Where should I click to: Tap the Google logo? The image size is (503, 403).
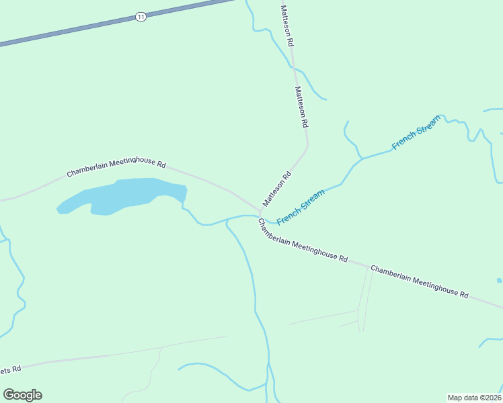pyautogui.click(x=22, y=395)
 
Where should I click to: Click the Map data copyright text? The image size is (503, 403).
pyautogui.click(x=474, y=397)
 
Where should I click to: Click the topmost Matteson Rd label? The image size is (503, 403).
pyautogui.click(x=287, y=25)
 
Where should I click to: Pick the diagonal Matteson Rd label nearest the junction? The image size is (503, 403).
pyautogui.click(x=276, y=189)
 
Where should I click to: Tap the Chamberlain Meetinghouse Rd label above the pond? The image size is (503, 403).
pyautogui.click(x=116, y=168)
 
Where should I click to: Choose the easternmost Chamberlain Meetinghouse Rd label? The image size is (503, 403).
pyautogui.click(x=419, y=281)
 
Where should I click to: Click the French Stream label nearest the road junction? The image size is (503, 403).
pyautogui.click(x=301, y=207)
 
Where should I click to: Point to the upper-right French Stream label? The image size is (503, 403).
pyautogui.click(x=416, y=132)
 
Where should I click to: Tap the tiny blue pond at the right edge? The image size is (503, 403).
pyautogui.click(x=499, y=280)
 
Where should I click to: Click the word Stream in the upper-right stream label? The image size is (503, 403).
pyautogui.click(x=426, y=126)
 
